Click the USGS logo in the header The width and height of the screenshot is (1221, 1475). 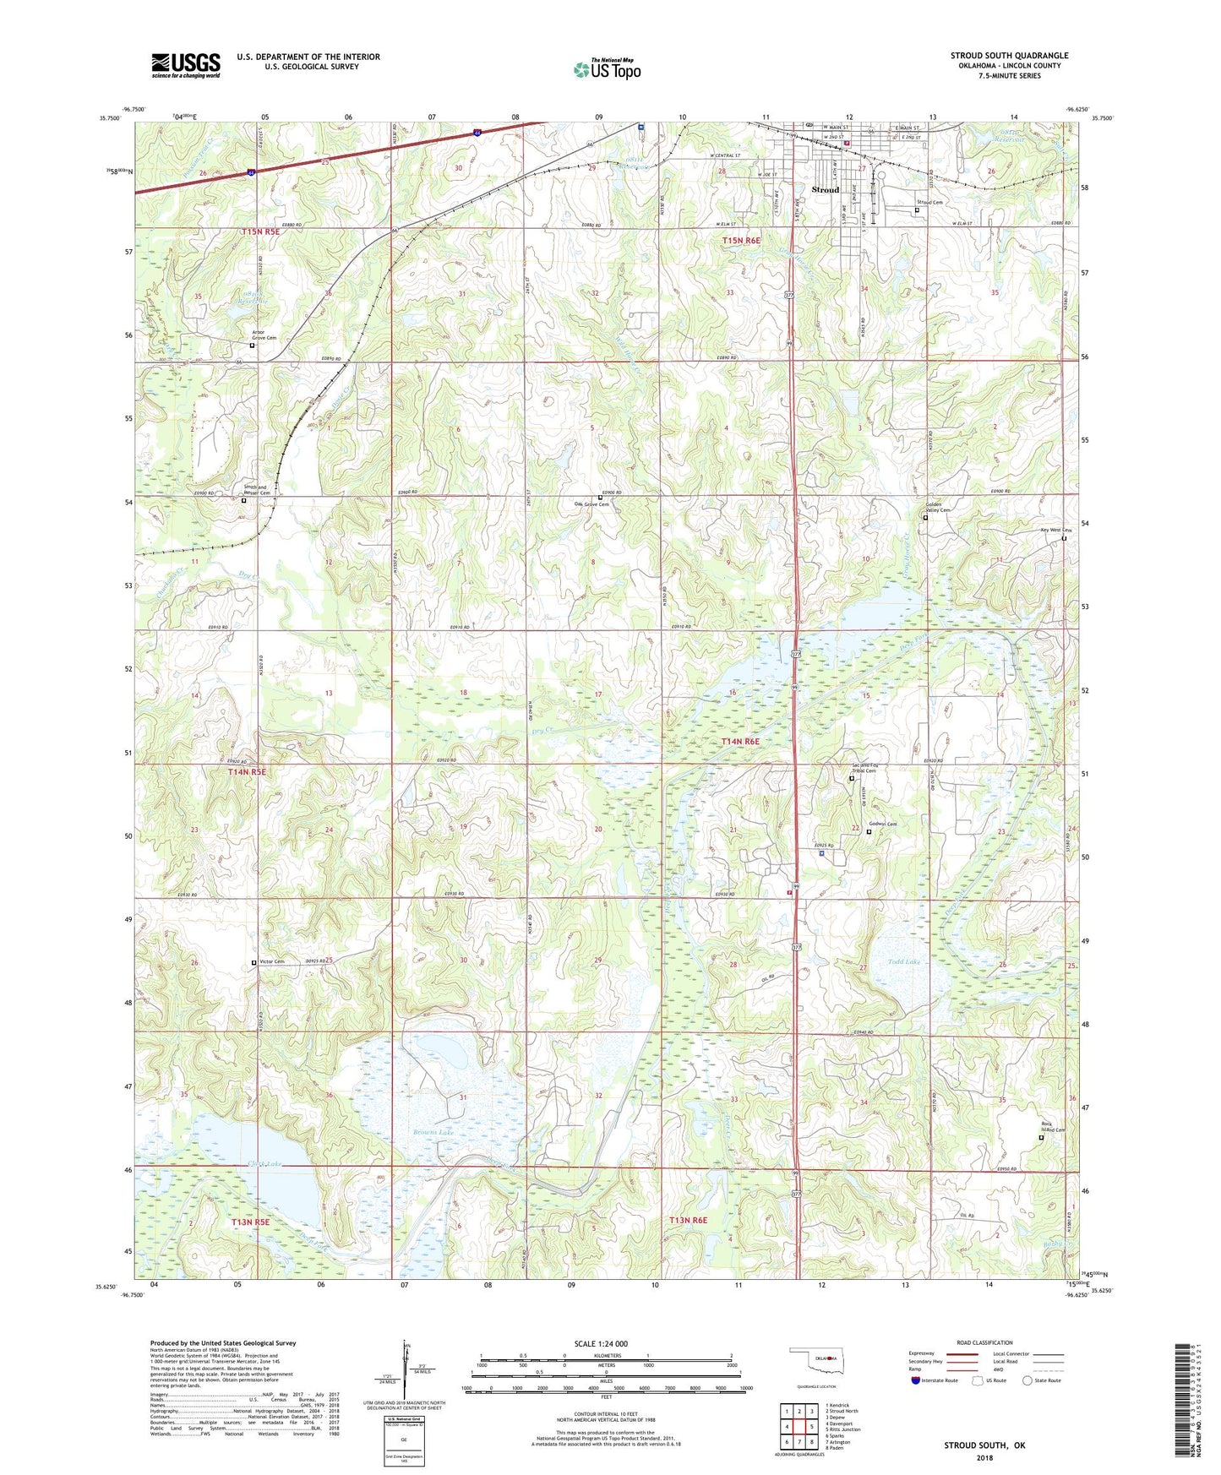click(185, 65)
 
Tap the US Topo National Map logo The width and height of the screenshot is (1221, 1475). click(606, 69)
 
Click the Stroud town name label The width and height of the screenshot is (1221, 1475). click(825, 190)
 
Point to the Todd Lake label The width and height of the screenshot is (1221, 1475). click(903, 962)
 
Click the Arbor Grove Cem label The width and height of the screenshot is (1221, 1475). click(264, 335)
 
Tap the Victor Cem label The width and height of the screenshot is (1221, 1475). click(272, 962)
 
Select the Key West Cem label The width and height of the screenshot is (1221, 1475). click(1055, 531)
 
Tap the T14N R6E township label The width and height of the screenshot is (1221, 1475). click(740, 742)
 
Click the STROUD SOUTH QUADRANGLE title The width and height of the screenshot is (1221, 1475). click(1009, 56)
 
